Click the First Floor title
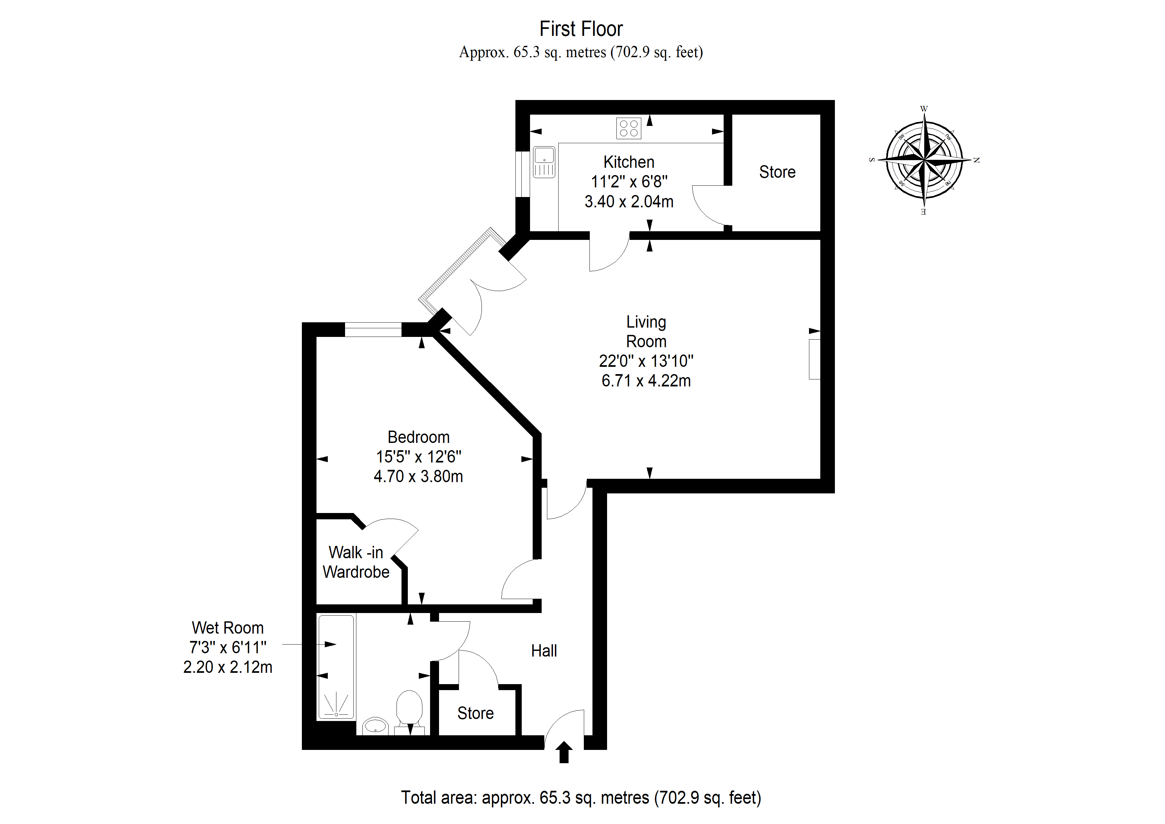(x=581, y=29)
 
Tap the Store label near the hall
(x=476, y=713)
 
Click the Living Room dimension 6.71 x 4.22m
(x=646, y=381)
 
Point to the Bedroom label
(x=418, y=437)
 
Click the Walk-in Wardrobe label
(x=356, y=562)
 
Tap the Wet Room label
(x=228, y=628)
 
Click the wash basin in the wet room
(x=376, y=726)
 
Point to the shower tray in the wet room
(x=336, y=668)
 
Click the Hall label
(x=544, y=651)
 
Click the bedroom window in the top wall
(x=373, y=330)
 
